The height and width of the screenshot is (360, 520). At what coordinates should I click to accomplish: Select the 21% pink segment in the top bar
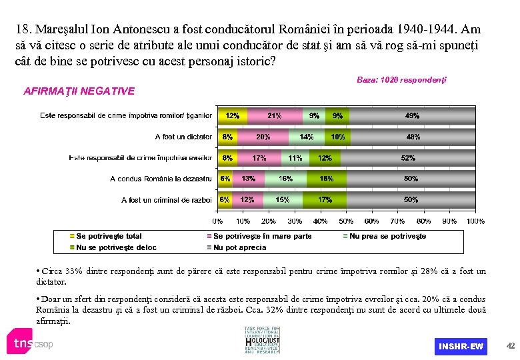click(274, 116)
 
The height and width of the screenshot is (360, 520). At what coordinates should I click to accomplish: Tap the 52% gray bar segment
click(408, 158)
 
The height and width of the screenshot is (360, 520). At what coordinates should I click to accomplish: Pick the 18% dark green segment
click(327, 179)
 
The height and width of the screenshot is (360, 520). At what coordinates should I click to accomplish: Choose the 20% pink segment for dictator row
click(263, 137)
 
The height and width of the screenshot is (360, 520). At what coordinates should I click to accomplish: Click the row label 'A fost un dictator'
click(183, 137)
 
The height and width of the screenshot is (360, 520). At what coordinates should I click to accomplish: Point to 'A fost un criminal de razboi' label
click(167, 200)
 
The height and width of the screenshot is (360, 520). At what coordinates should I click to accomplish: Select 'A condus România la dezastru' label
click(161, 179)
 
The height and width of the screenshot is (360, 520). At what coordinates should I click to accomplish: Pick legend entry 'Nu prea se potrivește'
click(387, 236)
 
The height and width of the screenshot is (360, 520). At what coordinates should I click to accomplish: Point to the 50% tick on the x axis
click(346, 221)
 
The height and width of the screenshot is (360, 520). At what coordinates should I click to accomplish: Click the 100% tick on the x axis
click(475, 221)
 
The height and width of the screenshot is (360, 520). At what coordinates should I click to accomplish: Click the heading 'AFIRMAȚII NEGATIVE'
click(79, 91)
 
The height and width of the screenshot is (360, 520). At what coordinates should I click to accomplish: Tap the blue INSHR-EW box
click(461, 346)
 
